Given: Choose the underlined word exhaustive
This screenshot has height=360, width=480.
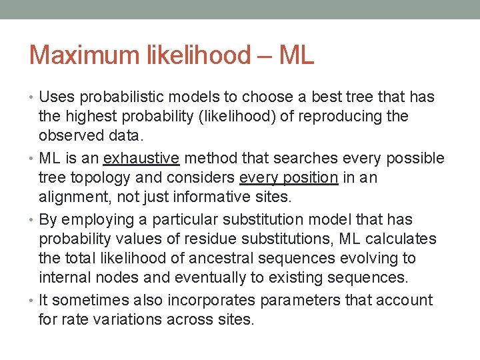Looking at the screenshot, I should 141,159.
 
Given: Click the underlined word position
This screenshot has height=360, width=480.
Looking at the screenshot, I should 312,178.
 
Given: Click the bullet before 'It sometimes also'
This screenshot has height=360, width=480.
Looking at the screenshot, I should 33,301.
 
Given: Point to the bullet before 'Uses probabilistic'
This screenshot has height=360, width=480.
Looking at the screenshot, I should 33,97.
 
